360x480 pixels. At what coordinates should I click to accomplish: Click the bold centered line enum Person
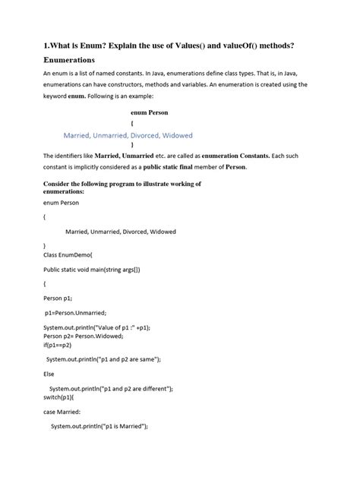pyautogui.click(x=149, y=111)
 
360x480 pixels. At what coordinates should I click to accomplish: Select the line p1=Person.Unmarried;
pyautogui.click(x=75, y=312)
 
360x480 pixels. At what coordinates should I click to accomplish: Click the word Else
pyautogui.click(x=50, y=374)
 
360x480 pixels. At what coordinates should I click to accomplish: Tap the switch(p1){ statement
pyautogui.click(x=58, y=397)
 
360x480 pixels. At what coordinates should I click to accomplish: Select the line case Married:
pyautogui.click(x=63, y=411)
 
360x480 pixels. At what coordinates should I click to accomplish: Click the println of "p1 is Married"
pyautogui.click(x=98, y=426)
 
